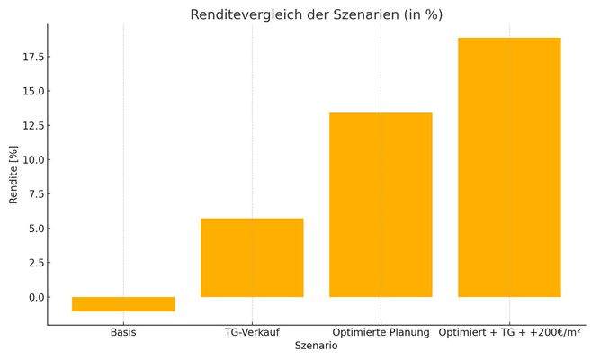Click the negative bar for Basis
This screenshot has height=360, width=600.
click(x=123, y=304)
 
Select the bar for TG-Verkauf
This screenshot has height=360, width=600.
click(x=252, y=257)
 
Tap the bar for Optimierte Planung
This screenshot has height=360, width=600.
click(x=381, y=204)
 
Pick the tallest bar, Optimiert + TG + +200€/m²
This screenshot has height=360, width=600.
click(x=509, y=167)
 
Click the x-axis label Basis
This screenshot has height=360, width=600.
click(x=123, y=333)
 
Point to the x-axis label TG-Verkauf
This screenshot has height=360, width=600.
click(x=252, y=333)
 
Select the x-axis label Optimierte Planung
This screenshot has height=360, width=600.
click(x=381, y=333)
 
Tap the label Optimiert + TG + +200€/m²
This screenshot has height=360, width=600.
click(x=509, y=333)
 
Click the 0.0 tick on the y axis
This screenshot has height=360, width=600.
click(x=36, y=297)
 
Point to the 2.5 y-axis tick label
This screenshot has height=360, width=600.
click(x=36, y=263)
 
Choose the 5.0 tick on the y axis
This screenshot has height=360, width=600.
click(x=36, y=229)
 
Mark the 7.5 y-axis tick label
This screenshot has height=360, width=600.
click(x=36, y=194)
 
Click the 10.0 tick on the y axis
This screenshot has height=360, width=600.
click(x=33, y=160)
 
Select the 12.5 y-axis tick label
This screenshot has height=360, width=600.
click(x=33, y=126)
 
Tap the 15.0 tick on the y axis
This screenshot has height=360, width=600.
click(x=33, y=92)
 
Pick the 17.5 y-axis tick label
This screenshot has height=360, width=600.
click(x=33, y=58)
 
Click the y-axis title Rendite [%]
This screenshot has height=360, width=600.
click(x=13, y=174)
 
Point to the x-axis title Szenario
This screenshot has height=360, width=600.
click(x=316, y=346)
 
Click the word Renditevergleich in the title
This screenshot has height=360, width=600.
click(x=240, y=15)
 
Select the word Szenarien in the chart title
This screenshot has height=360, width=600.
click(x=370, y=15)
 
